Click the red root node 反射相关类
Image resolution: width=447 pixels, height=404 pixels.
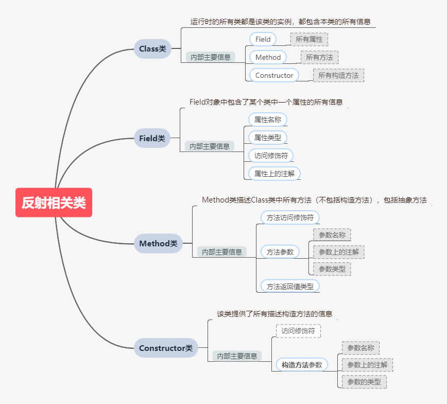click(54, 203)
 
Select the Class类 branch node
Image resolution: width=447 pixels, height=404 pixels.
click(152, 49)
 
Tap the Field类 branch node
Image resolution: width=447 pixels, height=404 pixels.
click(152, 138)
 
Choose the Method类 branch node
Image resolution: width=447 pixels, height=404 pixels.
click(158, 243)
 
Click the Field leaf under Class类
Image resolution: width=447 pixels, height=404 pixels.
click(263, 39)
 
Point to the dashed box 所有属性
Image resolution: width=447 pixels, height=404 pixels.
click(309, 39)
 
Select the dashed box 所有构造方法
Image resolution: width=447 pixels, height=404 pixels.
click(338, 75)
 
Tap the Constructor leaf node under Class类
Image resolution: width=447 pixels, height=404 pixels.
click(274, 75)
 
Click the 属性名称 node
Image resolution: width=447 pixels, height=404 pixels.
click(268, 120)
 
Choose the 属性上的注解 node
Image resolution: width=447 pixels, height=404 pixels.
click(274, 174)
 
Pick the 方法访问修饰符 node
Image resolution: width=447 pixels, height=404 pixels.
click(290, 217)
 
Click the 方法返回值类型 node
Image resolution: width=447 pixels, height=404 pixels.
click(290, 286)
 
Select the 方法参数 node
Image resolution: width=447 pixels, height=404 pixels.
click(280, 252)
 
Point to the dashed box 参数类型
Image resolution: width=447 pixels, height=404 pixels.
click(332, 268)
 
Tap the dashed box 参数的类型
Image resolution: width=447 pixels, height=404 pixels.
click(364, 382)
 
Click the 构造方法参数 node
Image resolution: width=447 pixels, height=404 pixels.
click(302, 365)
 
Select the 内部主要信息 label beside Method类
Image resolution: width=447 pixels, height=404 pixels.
click(222, 252)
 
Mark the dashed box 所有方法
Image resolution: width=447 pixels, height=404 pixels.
click(319, 57)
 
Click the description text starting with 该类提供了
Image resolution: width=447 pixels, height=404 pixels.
click(274, 313)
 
